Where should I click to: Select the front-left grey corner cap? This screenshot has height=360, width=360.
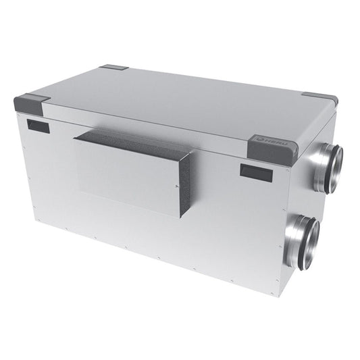click(x=30, y=105)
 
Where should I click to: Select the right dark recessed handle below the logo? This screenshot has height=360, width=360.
click(x=256, y=170)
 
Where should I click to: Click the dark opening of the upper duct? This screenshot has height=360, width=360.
click(x=336, y=161)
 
